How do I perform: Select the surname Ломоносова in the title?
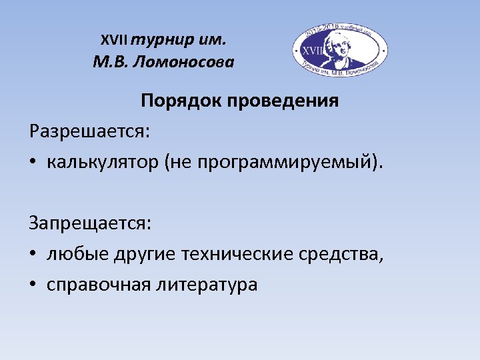pyautogui.click(x=189, y=63)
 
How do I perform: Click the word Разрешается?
pyautogui.click(x=89, y=131)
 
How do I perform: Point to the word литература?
pyautogui.click(x=207, y=285)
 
